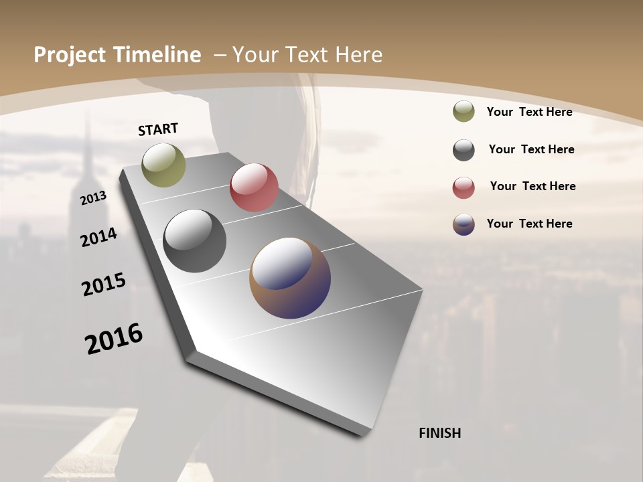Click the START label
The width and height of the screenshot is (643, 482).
[158, 129]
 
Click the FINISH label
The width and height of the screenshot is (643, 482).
[439, 433]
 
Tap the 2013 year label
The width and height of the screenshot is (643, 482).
[93, 197]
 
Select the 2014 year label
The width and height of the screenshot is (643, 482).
[98, 237]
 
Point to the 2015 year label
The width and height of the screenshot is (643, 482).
[104, 285]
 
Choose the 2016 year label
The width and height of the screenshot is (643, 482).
[114, 339]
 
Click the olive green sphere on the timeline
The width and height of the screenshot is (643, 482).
[163, 165]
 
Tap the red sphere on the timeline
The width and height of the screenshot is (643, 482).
[254, 187]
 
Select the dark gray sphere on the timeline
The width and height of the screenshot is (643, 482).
[195, 241]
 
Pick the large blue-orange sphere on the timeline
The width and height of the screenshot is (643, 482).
[290, 278]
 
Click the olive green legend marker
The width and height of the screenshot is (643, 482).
[463, 112]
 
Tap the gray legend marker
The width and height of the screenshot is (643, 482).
[463, 150]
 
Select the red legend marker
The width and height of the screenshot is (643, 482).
[463, 187]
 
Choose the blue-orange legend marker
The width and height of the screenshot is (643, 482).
[463, 224]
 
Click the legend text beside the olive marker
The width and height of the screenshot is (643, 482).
[529, 112]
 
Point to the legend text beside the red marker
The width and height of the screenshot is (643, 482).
[532, 186]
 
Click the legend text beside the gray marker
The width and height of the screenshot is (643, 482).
[531, 149]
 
